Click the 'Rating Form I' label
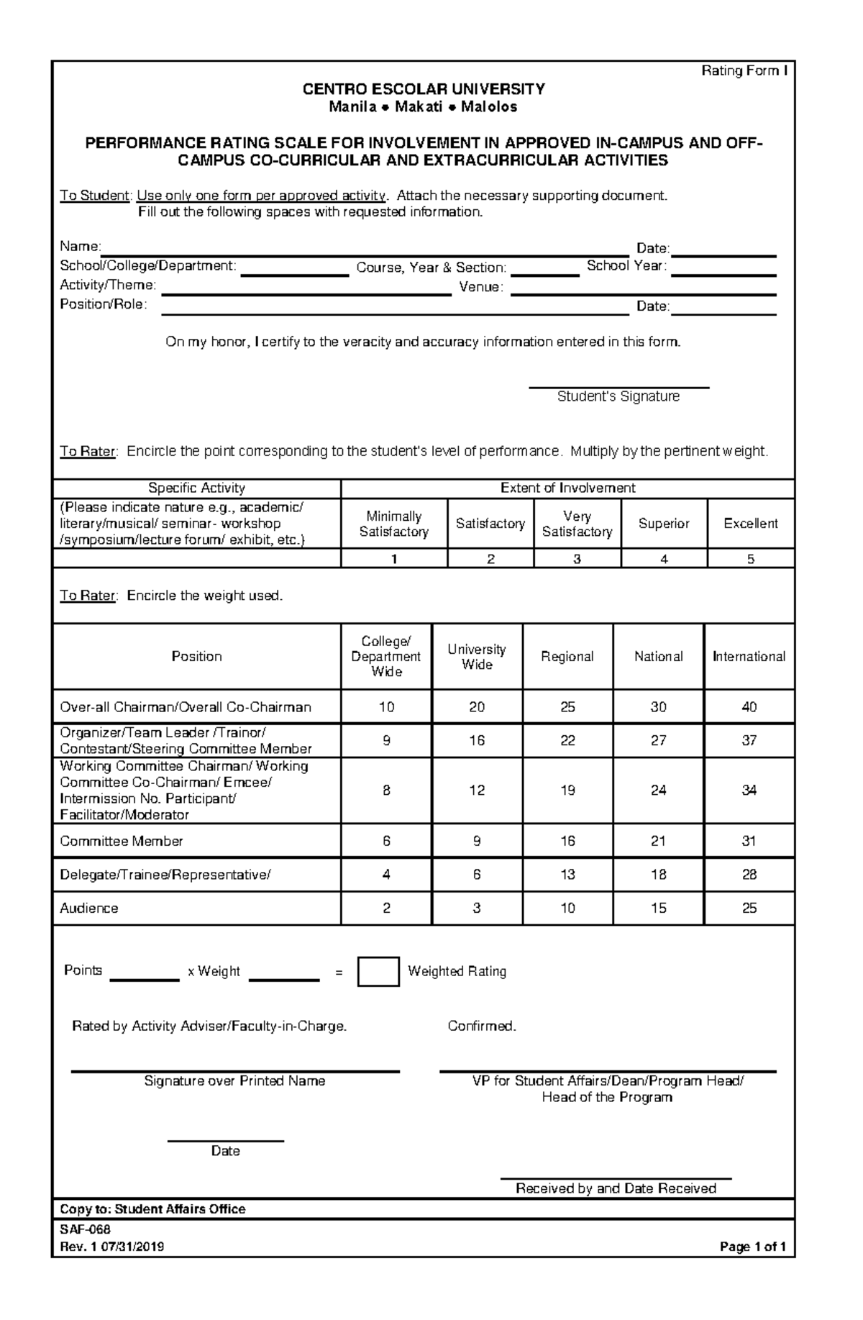point(744,70)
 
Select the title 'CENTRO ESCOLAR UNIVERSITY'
point(423,89)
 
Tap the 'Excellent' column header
point(750,524)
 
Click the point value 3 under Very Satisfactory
point(577,559)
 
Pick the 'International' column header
point(749,656)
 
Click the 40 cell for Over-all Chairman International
point(749,707)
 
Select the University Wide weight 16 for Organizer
point(477,740)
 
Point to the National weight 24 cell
point(658,790)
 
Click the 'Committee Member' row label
point(122,841)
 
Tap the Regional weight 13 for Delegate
point(567,875)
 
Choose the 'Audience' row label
point(89,908)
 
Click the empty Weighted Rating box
point(378,971)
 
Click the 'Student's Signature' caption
point(618,396)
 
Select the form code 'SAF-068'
point(85,1229)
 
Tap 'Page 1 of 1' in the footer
point(752,1247)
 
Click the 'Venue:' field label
point(481,287)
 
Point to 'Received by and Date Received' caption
point(616,1188)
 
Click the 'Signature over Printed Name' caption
point(234,1080)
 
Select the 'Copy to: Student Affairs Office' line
point(152,1209)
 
